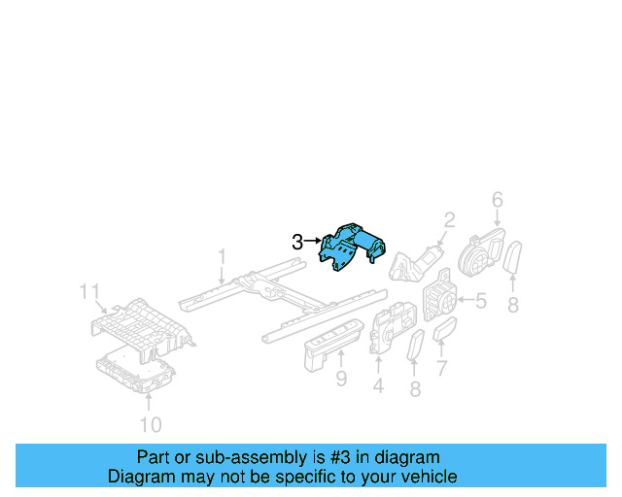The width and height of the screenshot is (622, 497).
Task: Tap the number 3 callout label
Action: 297,243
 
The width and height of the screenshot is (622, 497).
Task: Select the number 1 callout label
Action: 222,257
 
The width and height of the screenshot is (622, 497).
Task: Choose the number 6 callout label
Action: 497,200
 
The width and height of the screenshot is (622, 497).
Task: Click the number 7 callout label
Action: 441,369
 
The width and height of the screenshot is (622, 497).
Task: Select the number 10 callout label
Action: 151,424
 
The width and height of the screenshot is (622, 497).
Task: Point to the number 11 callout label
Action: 89,291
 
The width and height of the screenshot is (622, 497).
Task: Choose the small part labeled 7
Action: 446,333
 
